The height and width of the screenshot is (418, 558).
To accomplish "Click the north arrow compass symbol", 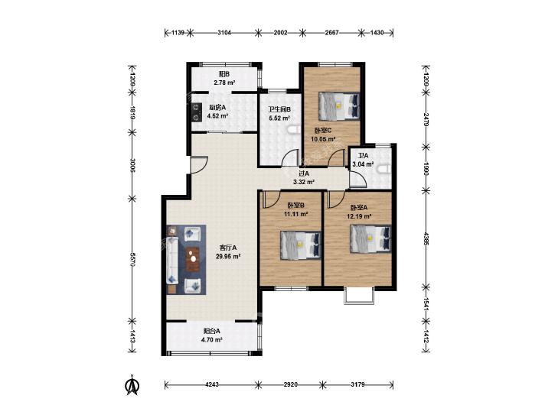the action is coord(132,385).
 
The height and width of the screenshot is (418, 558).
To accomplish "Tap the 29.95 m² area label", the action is coord(228,256).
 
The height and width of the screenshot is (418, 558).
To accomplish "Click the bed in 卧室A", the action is coord(370,239).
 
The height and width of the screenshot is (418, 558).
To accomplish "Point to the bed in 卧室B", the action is coord(301,245).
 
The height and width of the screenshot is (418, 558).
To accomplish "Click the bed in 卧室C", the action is coord(339,105).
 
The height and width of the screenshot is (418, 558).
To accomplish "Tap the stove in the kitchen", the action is coord(195,112).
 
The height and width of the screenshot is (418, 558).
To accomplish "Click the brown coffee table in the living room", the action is coord(194,260).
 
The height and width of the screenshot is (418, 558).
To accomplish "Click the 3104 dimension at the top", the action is coord(224,33).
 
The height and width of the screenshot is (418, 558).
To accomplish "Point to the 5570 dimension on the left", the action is coord(132,260).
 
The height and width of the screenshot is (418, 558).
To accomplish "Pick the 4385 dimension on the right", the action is coord(426,238).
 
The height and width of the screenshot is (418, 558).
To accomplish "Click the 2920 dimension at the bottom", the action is coord(291,384).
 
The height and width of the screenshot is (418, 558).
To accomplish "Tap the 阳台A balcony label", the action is coord(212,331).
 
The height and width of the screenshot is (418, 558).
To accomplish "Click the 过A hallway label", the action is coord(304,173).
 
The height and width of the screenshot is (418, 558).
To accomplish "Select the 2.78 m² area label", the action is coord(224,83).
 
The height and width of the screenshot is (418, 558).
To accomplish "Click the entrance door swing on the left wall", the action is coord(198,164).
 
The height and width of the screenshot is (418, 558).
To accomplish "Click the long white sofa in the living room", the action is coord(172,260).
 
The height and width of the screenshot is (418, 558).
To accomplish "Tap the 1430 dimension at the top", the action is coord(377,33).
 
